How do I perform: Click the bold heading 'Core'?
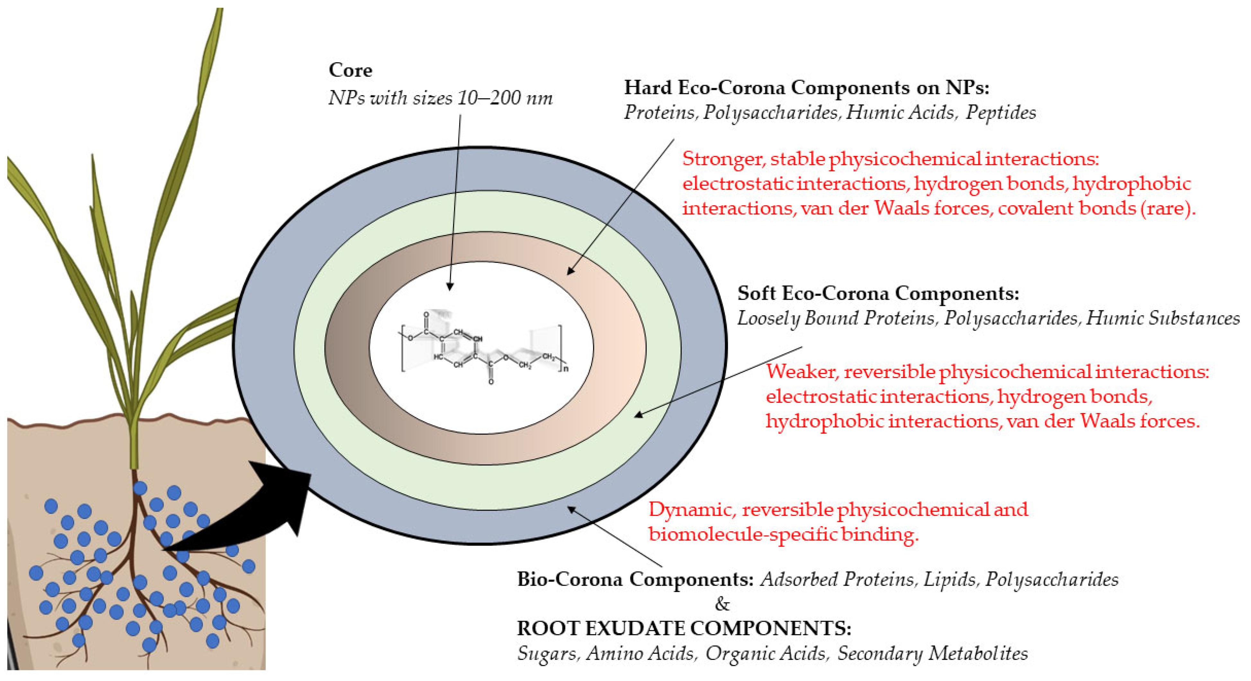pos(350,70)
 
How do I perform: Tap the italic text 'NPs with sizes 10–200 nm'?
pos(440,99)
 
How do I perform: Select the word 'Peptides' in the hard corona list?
pos(1001,113)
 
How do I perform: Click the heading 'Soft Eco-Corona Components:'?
pos(878,293)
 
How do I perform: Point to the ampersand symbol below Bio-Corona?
pos(722,604)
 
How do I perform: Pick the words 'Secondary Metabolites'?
pos(932,653)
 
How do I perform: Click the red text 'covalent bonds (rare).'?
pos(1097,208)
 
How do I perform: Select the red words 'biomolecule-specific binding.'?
pos(783,534)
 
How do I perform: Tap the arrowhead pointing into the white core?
pos(450,286)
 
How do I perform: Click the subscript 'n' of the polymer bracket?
pos(566,369)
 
